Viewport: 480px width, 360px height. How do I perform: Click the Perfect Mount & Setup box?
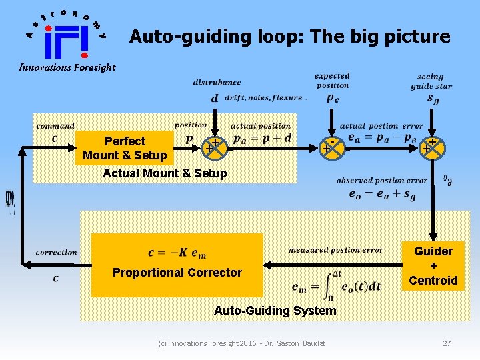(x=124, y=148)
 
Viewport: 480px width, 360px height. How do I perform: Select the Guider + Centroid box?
(x=433, y=265)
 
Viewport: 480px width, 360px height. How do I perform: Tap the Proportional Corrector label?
(x=177, y=272)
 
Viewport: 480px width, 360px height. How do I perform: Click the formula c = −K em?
(x=177, y=253)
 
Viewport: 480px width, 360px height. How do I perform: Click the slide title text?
(x=290, y=36)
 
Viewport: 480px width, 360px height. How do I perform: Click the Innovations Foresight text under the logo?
(x=67, y=67)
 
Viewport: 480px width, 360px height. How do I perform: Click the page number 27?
(x=447, y=343)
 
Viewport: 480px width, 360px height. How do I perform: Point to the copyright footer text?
(x=242, y=343)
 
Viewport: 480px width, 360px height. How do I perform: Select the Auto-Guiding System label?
(x=275, y=310)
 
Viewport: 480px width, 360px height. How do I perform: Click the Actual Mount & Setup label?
(x=165, y=173)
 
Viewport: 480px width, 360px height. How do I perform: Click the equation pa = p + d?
(x=262, y=138)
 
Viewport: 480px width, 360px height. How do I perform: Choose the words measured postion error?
(x=335, y=250)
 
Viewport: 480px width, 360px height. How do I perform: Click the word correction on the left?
(x=57, y=253)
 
